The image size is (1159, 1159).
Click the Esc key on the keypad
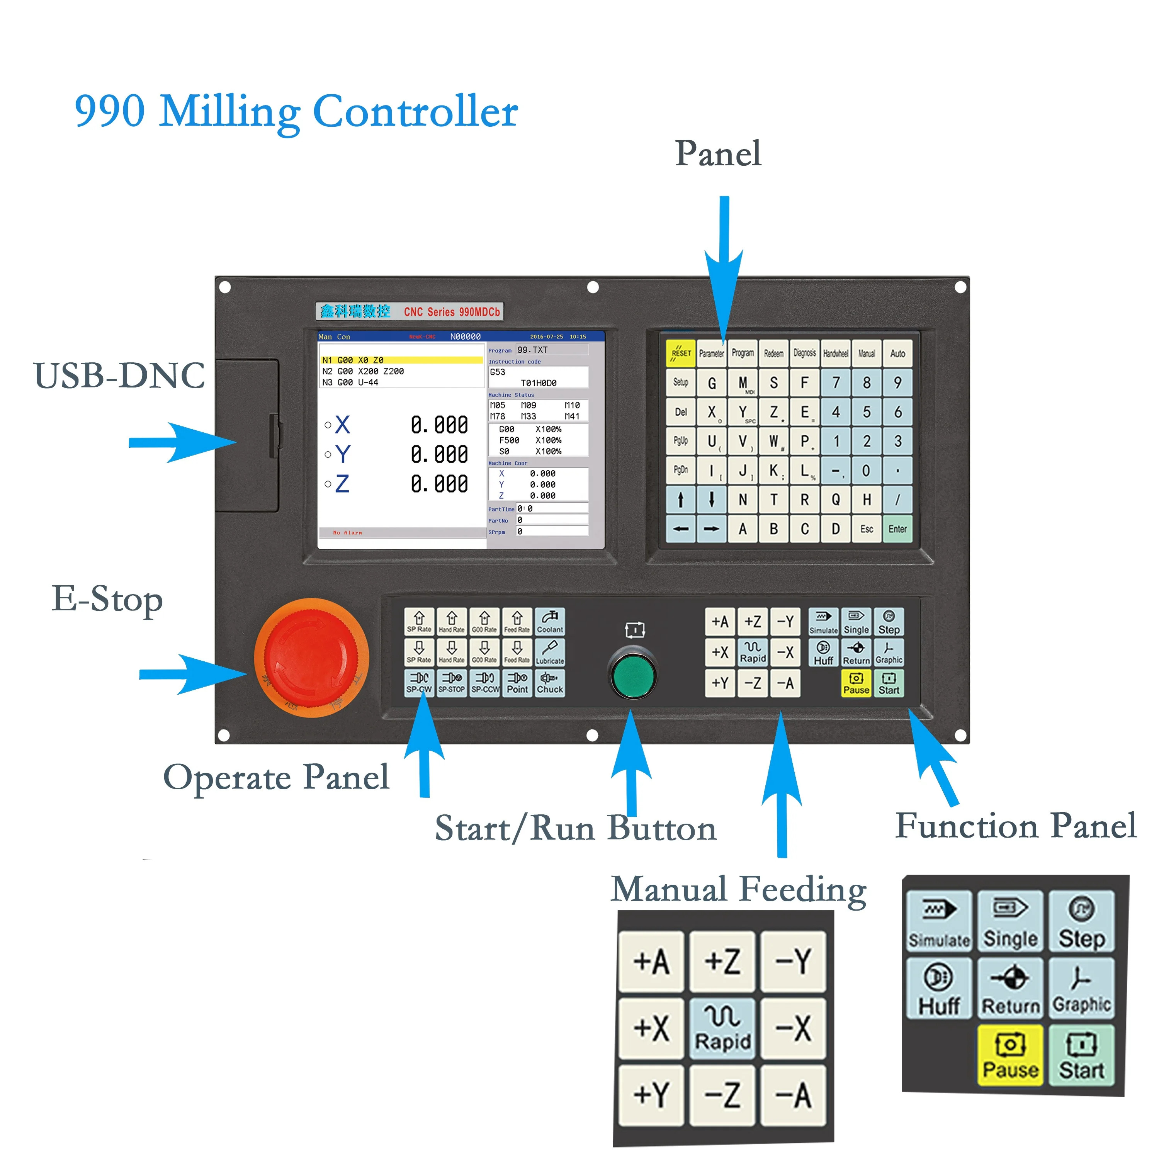[866, 529]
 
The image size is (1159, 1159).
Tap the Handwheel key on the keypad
[835, 354]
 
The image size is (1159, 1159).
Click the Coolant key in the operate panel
[549, 622]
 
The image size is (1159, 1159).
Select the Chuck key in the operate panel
[549, 683]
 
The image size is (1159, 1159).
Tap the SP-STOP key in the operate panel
[451, 683]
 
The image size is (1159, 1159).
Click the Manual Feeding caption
[738, 890]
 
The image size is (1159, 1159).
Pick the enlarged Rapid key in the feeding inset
[722, 1028]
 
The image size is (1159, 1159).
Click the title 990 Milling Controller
[296, 112]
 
